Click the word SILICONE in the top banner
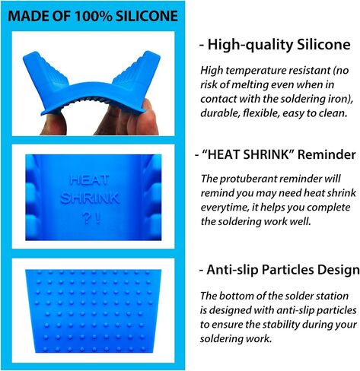147,16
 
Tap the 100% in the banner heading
94,16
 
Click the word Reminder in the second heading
327,154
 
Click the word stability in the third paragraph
281,325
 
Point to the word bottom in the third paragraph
236,296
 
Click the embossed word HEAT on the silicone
89,180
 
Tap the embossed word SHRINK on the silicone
90,198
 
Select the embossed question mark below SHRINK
86,218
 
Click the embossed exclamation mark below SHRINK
98,218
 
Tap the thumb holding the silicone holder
54,124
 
